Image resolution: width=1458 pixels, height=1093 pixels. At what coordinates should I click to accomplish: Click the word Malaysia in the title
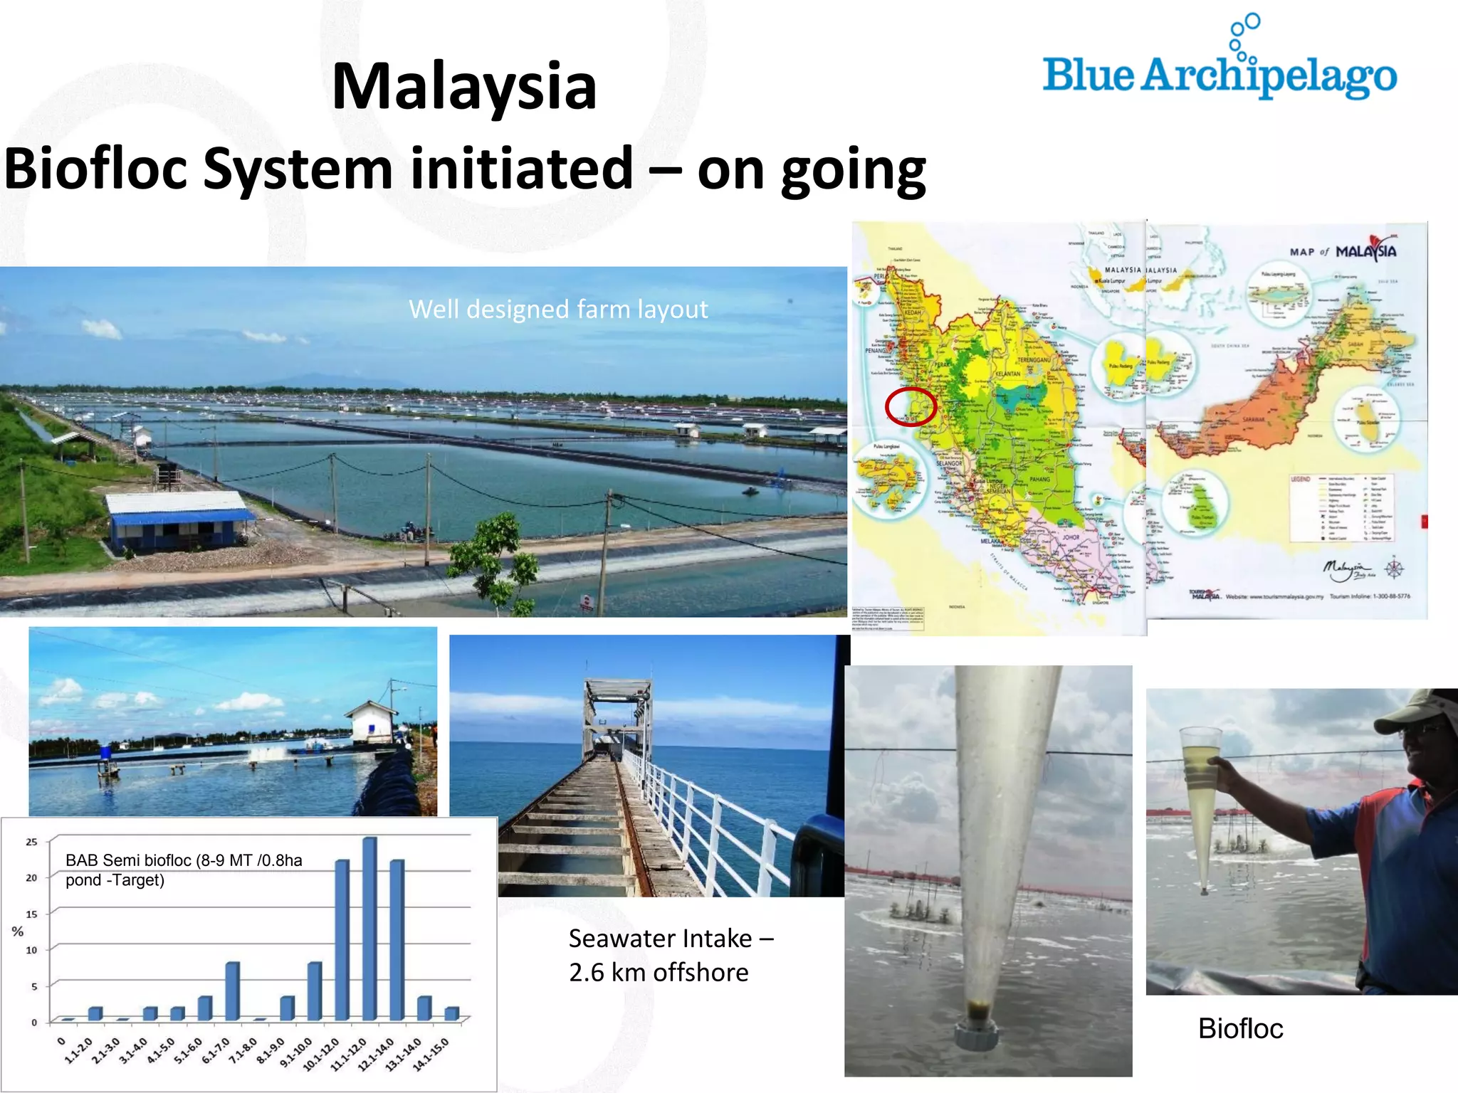tap(464, 87)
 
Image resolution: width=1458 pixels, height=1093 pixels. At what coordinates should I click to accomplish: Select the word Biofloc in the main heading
tap(96, 169)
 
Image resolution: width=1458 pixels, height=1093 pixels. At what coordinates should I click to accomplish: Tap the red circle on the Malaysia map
tap(910, 407)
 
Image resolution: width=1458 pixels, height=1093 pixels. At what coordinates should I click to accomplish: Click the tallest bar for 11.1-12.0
tap(369, 929)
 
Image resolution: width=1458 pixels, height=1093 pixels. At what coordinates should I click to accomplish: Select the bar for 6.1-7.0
tap(232, 991)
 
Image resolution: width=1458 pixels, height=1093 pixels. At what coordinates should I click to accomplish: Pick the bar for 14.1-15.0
tap(451, 1013)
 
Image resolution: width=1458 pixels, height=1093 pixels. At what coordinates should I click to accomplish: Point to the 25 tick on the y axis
tap(31, 842)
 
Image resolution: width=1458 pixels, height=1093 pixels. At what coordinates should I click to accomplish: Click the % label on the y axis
tap(18, 931)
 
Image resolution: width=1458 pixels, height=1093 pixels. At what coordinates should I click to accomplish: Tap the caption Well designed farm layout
tap(558, 310)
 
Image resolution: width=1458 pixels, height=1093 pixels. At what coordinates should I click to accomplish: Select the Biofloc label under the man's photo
tap(1240, 1028)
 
